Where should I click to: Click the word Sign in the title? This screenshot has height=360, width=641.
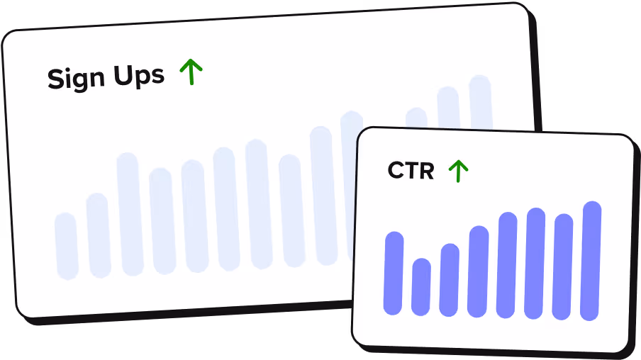click(x=74, y=78)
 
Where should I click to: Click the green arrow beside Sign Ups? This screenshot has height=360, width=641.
click(x=191, y=72)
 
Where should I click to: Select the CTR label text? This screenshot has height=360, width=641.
click(x=411, y=171)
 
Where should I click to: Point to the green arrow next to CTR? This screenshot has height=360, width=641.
click(x=459, y=171)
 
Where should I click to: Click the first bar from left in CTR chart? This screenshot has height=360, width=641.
click(x=394, y=273)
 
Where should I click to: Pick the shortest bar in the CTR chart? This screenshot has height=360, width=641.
click(x=421, y=287)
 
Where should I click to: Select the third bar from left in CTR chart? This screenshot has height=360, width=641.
click(x=450, y=280)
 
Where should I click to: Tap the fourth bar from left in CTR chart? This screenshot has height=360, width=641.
click(x=479, y=271)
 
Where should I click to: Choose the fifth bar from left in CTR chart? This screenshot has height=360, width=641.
click(x=507, y=265)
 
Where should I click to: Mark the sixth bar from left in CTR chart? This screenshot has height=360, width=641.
click(x=535, y=264)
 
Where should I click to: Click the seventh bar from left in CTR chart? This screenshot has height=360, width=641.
click(x=563, y=266)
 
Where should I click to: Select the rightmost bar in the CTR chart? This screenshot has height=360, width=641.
click(x=591, y=261)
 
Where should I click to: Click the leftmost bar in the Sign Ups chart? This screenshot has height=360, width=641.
click(x=67, y=246)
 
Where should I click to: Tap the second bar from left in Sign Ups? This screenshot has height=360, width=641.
click(x=99, y=235)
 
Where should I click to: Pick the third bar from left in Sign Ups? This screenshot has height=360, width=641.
click(x=130, y=213)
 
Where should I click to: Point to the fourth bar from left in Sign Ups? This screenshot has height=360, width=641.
click(x=162, y=220)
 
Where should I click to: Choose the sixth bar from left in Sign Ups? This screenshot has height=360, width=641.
click(x=227, y=208)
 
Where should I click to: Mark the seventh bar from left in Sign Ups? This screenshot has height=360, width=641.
click(x=259, y=204)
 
